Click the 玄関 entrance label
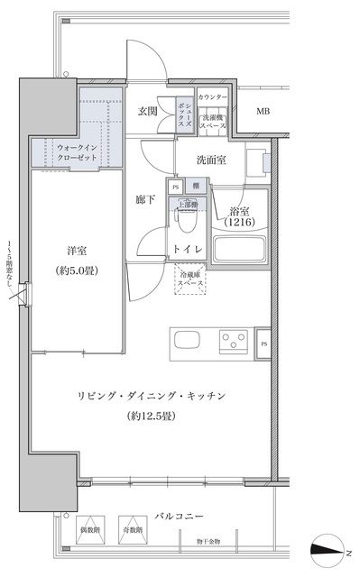[x=148, y=111]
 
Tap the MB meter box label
[x=262, y=112]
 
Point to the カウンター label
[x=213, y=96]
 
